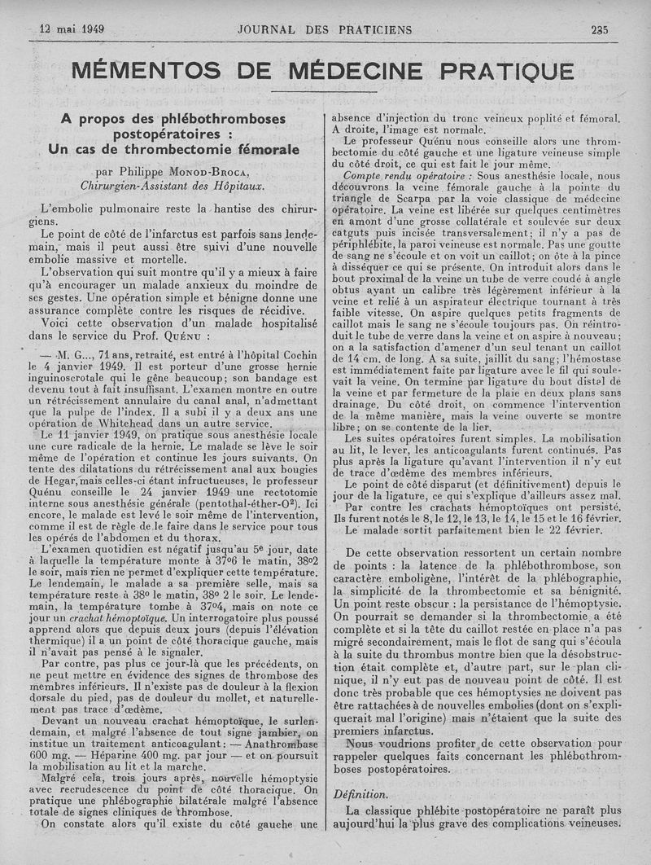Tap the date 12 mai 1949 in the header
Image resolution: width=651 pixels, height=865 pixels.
72,29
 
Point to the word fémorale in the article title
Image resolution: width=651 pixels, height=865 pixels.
261,149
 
